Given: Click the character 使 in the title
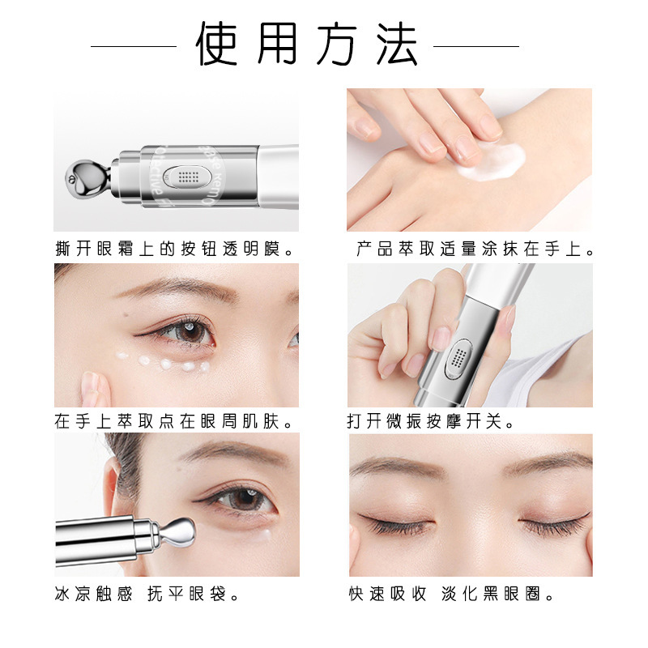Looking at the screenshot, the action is (216, 44).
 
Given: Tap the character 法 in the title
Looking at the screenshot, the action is (397, 44).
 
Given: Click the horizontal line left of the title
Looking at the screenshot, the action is (134, 46).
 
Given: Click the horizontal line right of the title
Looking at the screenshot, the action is (476, 46).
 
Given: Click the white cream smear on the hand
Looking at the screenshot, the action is (492, 162).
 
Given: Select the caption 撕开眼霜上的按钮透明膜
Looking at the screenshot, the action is (174, 249).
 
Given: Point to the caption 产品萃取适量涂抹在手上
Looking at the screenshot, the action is (475, 249).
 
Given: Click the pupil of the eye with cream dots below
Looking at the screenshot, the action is (191, 331).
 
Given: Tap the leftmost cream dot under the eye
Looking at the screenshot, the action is (122, 356).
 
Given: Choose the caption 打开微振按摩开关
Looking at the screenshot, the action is (430, 421).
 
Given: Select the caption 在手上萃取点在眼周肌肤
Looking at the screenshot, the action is (173, 421).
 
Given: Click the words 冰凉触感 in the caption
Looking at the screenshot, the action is (93, 595).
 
